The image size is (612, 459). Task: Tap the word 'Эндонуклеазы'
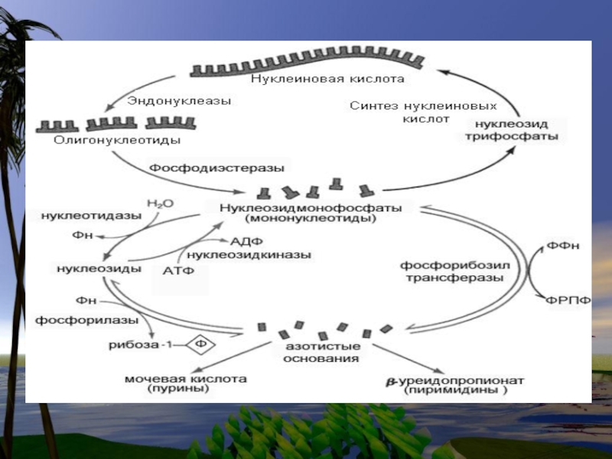coord(179,100)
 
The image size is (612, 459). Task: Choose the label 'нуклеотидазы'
coord(91,215)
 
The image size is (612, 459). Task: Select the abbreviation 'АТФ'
coord(179,270)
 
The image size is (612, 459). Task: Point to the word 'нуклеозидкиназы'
coord(249,254)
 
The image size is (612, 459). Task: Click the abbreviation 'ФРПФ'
coord(569,300)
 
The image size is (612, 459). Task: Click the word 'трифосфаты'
coord(516,138)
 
